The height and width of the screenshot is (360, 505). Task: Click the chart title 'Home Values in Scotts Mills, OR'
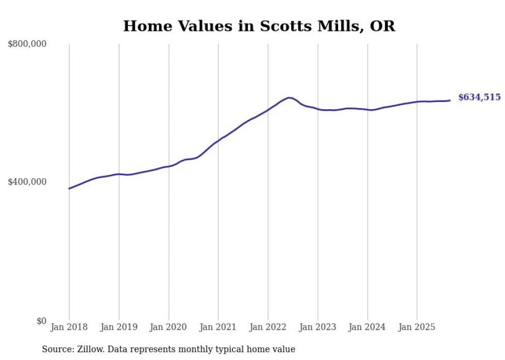click(x=259, y=26)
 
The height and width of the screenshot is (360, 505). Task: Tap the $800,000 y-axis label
click(x=27, y=44)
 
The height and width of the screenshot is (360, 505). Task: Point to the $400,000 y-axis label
click(x=27, y=182)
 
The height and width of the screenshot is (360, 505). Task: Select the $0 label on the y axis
click(x=41, y=321)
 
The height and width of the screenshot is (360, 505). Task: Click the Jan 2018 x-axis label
click(x=69, y=327)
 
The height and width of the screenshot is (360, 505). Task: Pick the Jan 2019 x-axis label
click(x=119, y=327)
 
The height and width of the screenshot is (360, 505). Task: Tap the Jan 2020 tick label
click(x=169, y=327)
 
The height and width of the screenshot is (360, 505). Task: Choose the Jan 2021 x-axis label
click(x=218, y=327)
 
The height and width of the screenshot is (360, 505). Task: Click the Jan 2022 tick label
click(x=268, y=327)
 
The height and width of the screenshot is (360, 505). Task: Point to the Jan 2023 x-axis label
click(x=317, y=327)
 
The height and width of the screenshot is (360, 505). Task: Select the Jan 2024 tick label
click(x=367, y=327)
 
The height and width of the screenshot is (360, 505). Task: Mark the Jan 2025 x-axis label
click(x=417, y=327)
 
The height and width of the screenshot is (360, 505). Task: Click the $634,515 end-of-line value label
click(x=479, y=97)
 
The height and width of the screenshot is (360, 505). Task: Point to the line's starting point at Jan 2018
click(x=69, y=188)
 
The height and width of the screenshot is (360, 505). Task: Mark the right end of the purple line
click(x=450, y=100)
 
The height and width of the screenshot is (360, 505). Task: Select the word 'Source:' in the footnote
click(x=58, y=349)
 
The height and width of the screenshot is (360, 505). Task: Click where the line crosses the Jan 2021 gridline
click(x=218, y=140)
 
